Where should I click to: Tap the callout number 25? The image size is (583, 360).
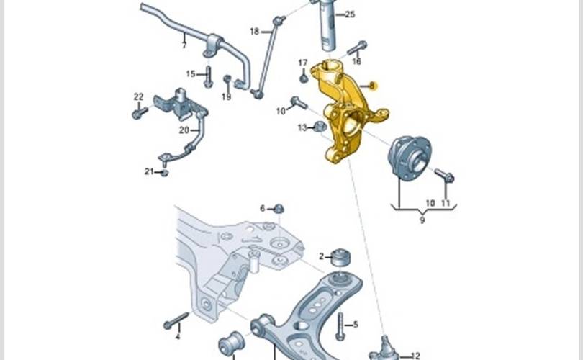350,14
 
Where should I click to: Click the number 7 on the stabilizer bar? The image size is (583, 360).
184,45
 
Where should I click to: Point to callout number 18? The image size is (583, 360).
255,31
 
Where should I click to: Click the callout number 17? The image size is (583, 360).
303,63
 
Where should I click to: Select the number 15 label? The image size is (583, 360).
191,73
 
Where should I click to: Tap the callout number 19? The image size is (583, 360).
227,96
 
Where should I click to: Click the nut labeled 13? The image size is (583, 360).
320,127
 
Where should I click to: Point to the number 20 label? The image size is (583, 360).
184,130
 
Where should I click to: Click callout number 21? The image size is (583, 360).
149,171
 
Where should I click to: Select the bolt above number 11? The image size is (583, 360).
444,175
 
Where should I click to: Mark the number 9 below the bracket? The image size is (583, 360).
422,220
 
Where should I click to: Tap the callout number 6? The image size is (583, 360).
263,208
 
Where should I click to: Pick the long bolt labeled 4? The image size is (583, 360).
176,321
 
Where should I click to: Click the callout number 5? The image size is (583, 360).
356,325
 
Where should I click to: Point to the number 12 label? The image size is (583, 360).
415,355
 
